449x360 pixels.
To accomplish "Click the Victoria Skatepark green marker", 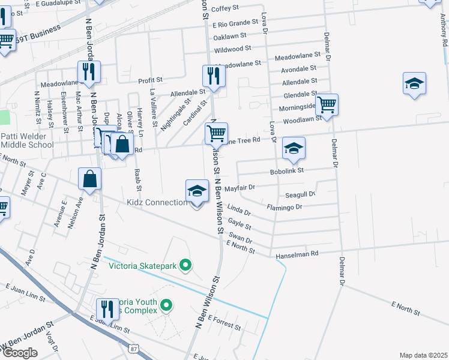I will click(186, 264).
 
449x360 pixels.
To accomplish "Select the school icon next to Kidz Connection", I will click(197, 192).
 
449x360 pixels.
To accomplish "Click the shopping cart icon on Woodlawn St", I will click(327, 105).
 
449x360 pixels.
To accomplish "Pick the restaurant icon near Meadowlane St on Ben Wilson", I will click(214, 76).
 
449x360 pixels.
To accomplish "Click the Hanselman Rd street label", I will click(297, 256).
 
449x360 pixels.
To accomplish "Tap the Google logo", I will click(19, 353).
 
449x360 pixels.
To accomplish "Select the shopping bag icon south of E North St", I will click(89, 179).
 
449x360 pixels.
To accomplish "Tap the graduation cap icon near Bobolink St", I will click(294, 149).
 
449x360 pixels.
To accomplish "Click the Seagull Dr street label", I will click(300, 195).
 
